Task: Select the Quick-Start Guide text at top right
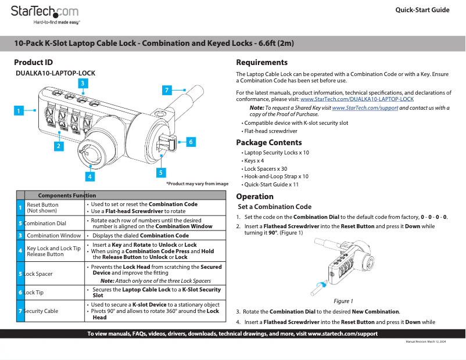pyautogui.click(x=422, y=10)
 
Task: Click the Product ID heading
pyautogui.click(x=33, y=62)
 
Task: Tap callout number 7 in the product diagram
pyautogui.click(x=167, y=90)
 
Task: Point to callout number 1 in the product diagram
pyautogui.click(x=19, y=110)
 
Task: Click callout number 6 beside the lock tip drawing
pyautogui.click(x=190, y=141)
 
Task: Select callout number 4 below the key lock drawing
pyautogui.click(x=90, y=176)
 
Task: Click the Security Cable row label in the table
pyautogui.click(x=41, y=311)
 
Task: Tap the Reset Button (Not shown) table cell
pyautogui.click(x=42, y=208)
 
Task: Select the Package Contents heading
pyautogui.click(x=268, y=142)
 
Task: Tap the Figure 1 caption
pyautogui.click(x=343, y=301)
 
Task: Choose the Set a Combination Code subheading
pyautogui.click(x=275, y=207)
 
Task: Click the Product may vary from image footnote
pyautogui.click(x=197, y=183)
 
